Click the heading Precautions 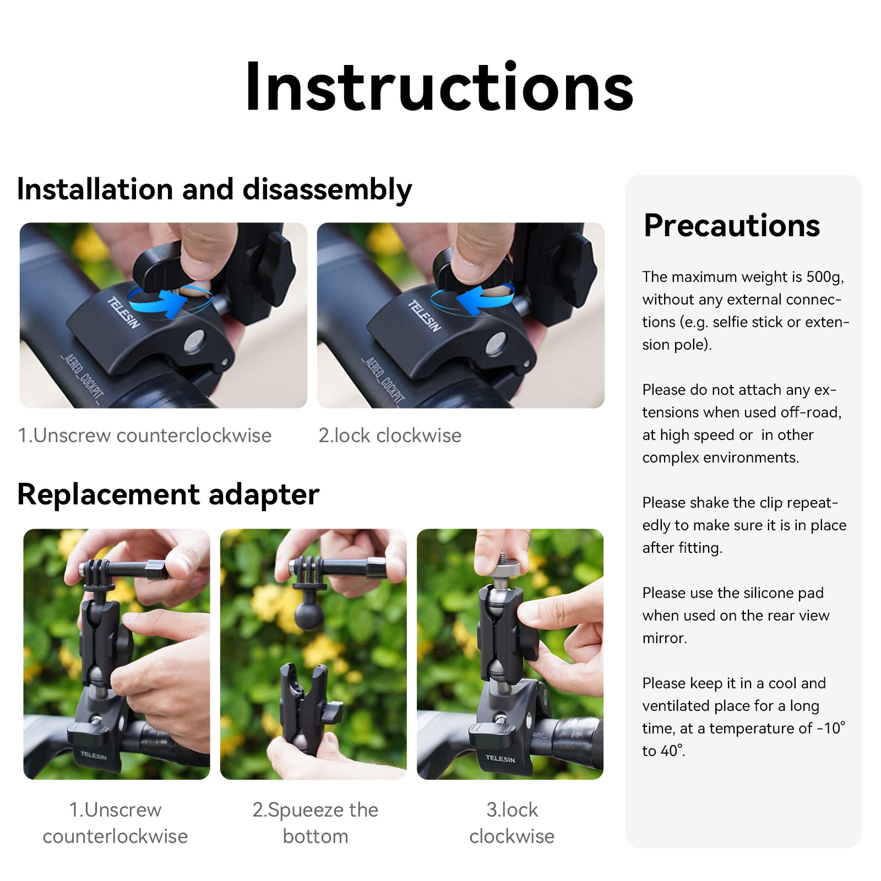coord(732,225)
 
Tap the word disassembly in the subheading coord(327,189)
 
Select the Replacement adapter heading coord(168,494)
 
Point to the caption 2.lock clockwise coord(390,436)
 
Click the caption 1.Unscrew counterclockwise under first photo coord(145,436)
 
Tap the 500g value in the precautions coord(824,277)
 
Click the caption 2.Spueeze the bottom coord(315,823)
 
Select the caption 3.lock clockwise coord(512,823)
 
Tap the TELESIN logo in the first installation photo coord(123,312)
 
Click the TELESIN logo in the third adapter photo coord(500,758)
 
